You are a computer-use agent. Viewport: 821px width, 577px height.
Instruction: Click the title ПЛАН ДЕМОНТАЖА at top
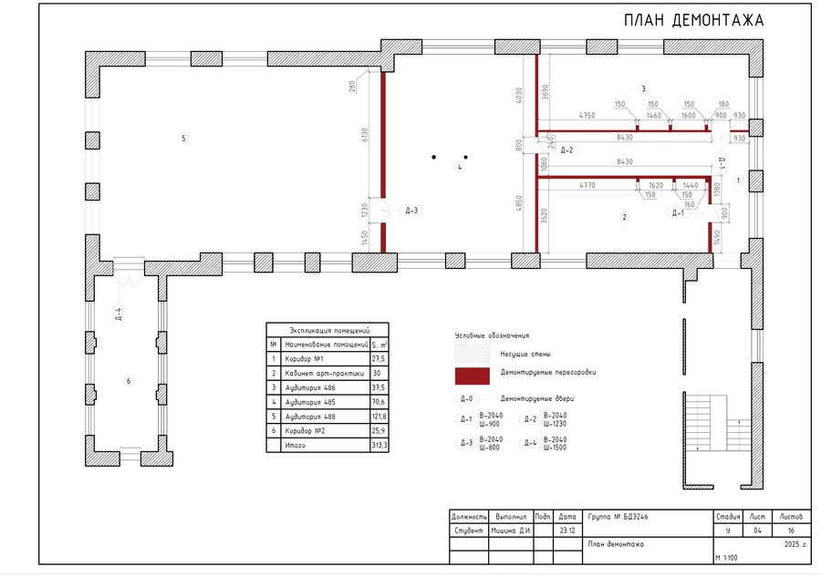pos(693,20)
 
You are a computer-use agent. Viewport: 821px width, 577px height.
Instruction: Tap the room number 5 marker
pos(183,139)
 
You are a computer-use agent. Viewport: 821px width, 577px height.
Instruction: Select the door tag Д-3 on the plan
pos(411,211)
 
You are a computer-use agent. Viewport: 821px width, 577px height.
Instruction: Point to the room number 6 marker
pos(129,380)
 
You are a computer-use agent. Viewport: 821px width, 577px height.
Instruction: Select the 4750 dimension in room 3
pos(587,116)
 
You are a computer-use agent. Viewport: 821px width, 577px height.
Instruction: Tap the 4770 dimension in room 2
pos(588,185)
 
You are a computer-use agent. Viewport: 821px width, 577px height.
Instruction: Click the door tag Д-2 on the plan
pos(566,150)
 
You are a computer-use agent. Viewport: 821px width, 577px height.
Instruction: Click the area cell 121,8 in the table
pos(379,416)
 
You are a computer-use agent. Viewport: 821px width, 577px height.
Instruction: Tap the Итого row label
pos(296,445)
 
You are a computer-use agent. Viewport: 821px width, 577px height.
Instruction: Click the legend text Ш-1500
pos(555,447)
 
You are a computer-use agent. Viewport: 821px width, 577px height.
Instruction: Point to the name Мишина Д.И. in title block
pos(512,530)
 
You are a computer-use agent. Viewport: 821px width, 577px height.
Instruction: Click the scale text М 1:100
pos(727,556)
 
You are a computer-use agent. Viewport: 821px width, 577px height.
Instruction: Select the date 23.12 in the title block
pos(567,530)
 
